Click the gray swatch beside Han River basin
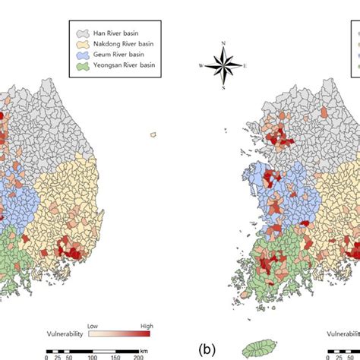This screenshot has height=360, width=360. tap(79, 34)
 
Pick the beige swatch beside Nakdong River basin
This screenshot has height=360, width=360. tap(79, 44)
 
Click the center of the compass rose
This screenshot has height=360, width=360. tap(223, 65)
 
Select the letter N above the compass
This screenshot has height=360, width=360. tap(223, 43)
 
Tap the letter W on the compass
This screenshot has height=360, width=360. tap(202, 65)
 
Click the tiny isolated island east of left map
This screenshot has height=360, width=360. tap(153, 134)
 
